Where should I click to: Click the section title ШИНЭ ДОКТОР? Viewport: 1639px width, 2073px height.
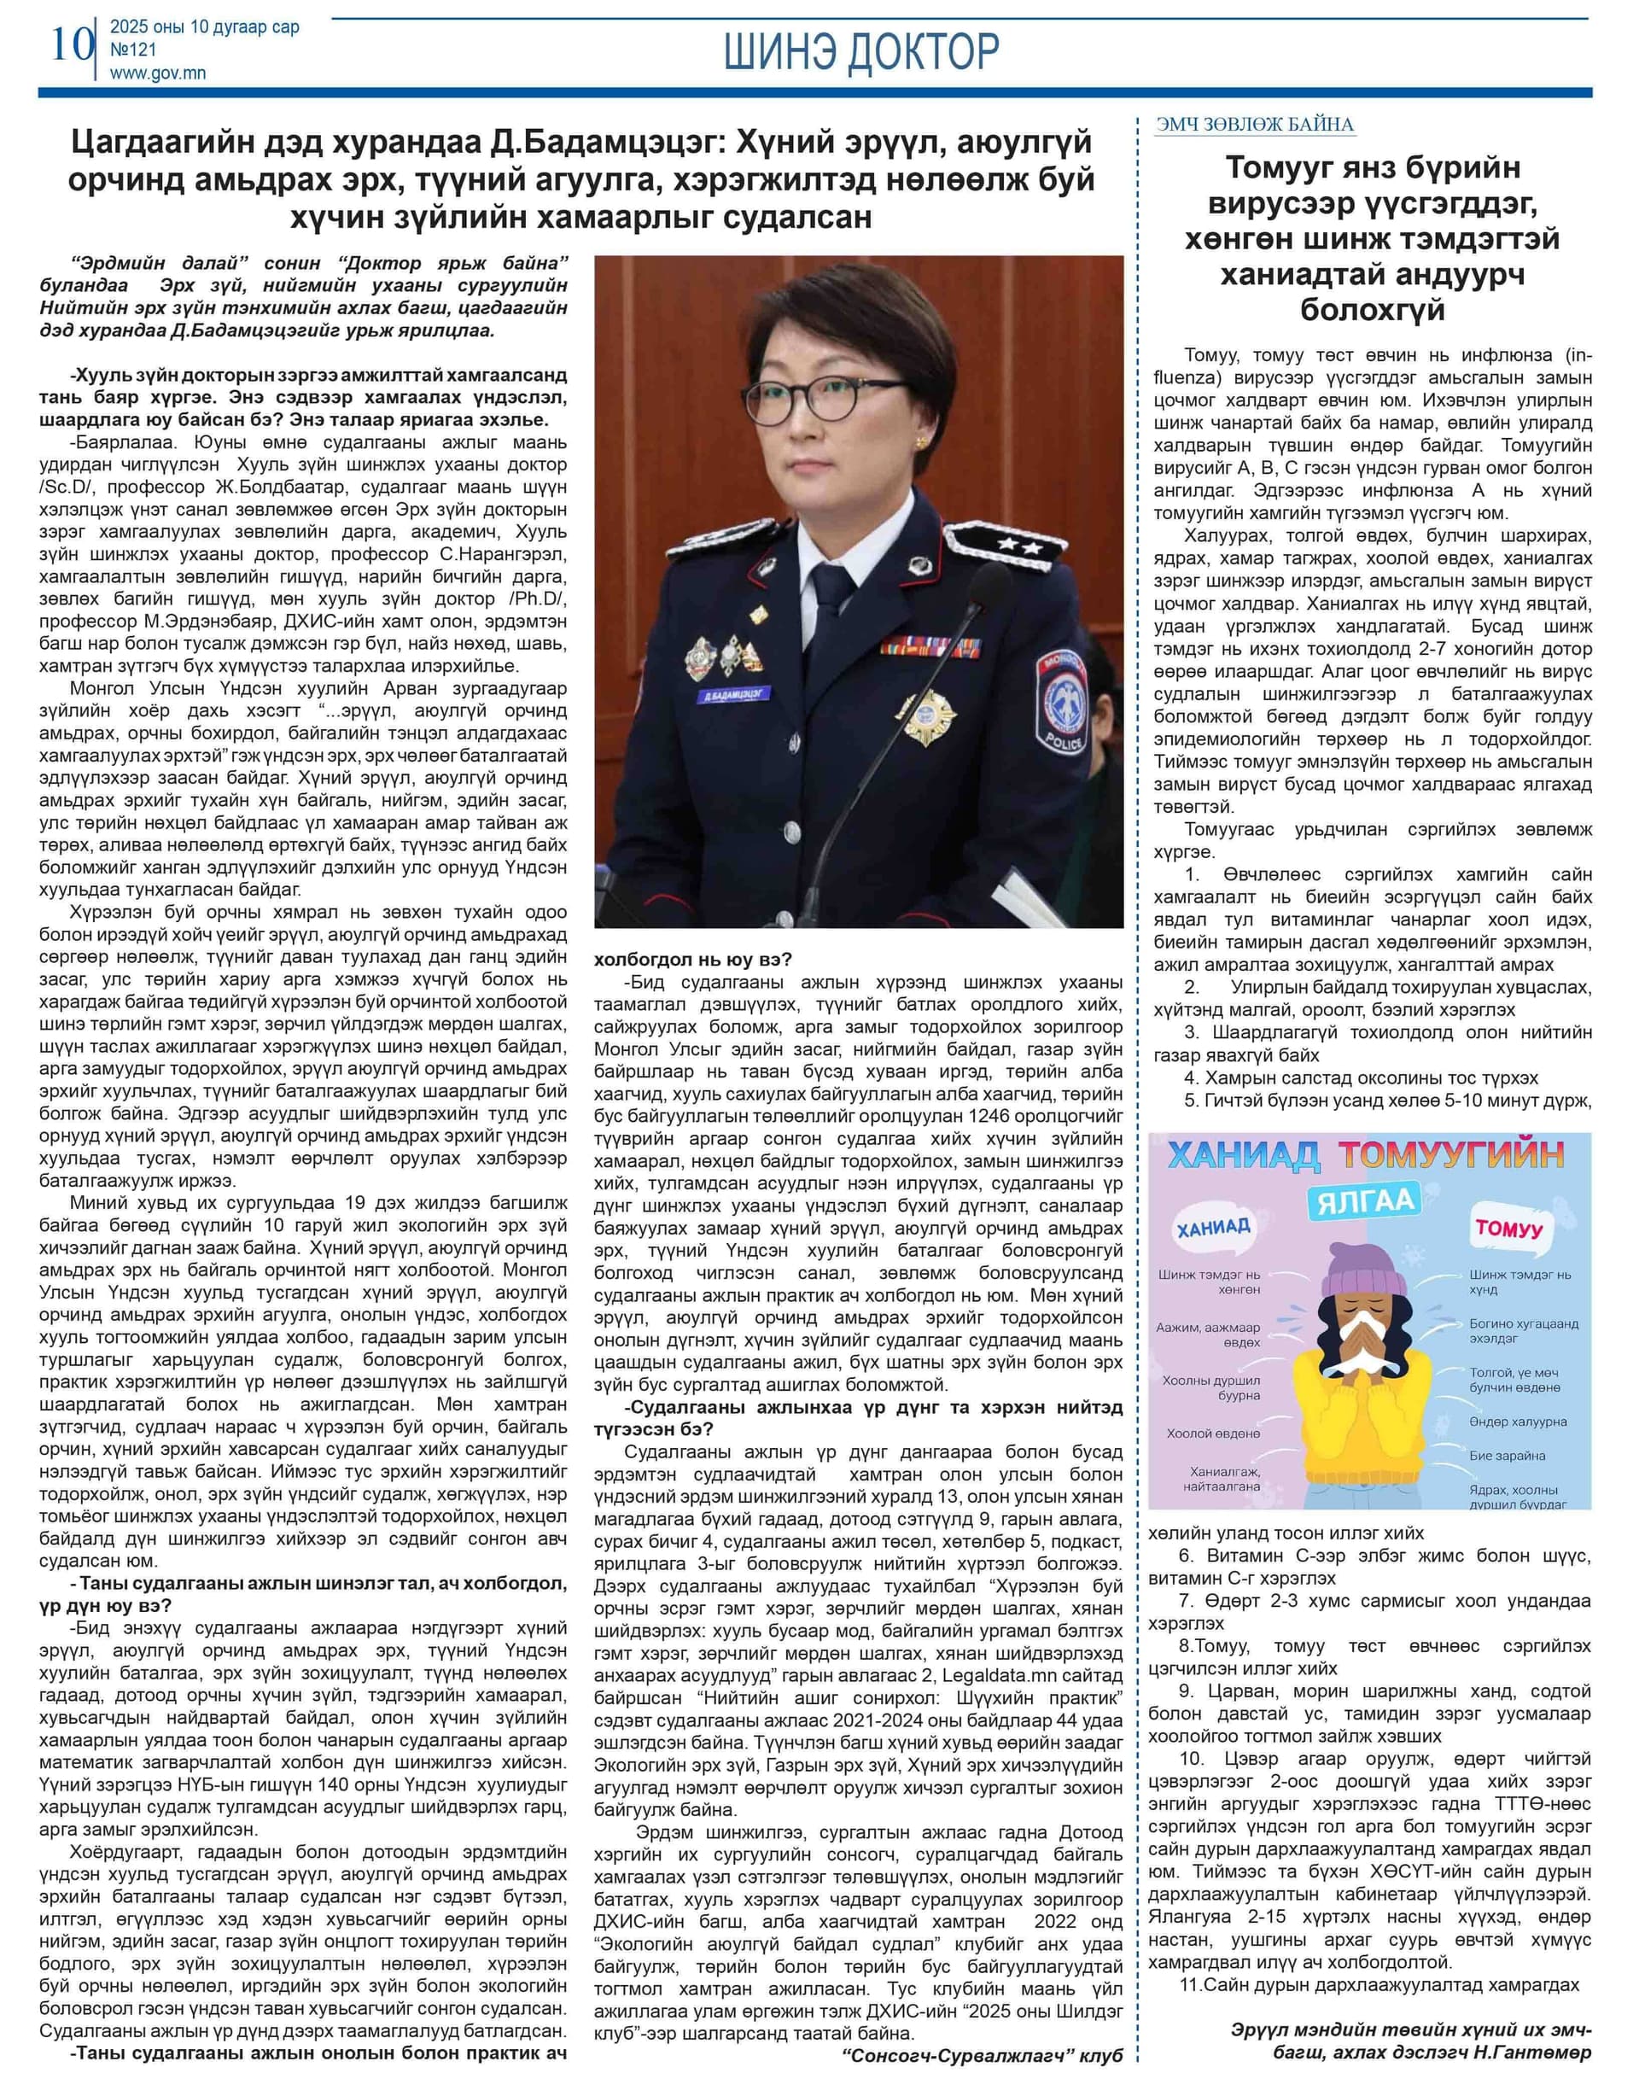[x=860, y=52]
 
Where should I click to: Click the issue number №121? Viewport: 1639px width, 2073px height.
[x=133, y=50]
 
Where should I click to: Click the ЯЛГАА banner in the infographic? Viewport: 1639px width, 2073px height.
[x=1366, y=1201]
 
